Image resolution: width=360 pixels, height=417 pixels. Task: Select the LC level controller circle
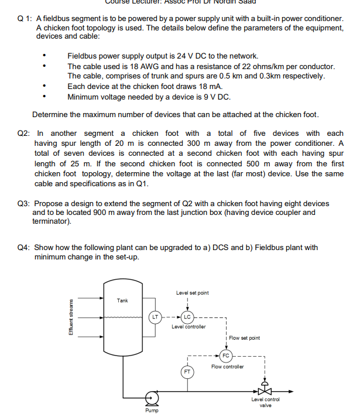(x=187, y=317)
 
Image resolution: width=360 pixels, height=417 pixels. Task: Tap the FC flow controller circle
(x=226, y=355)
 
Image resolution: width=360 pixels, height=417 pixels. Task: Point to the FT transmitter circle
(x=187, y=371)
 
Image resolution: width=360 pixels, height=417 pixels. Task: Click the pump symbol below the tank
(x=152, y=398)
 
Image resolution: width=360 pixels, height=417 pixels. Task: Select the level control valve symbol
(x=266, y=389)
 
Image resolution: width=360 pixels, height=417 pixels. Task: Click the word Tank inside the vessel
(x=122, y=300)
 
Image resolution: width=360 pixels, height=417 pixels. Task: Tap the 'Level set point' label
(x=192, y=293)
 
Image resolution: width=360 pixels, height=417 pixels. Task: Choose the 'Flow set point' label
(x=245, y=338)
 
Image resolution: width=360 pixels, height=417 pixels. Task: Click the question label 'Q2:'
(x=23, y=134)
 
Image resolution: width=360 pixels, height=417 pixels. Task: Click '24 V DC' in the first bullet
(x=187, y=56)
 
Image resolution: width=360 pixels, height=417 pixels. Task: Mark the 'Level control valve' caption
(x=266, y=401)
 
